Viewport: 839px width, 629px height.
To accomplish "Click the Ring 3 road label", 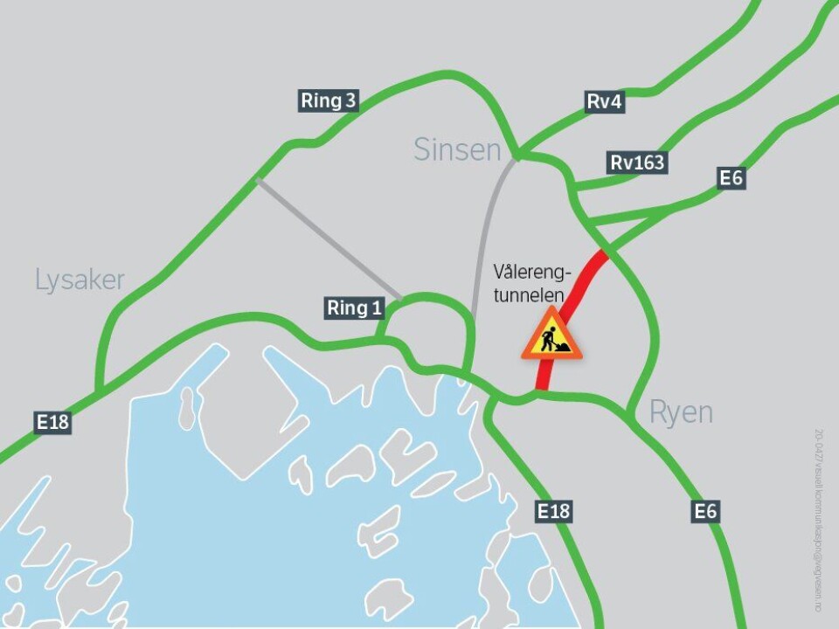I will (x=329, y=100).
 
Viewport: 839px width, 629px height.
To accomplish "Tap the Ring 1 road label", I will (x=354, y=308).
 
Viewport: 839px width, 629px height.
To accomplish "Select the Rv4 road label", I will (x=605, y=102).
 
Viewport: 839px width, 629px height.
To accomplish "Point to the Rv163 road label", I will (x=637, y=162).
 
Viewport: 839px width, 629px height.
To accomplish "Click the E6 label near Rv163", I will (x=731, y=178).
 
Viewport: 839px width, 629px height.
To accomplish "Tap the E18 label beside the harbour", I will (x=554, y=511).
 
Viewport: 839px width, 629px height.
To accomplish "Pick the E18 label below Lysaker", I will (x=52, y=423).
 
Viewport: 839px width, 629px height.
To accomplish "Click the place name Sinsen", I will (x=458, y=150).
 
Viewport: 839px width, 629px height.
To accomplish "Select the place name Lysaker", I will (x=80, y=280).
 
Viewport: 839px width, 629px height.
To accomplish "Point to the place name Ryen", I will (x=681, y=412).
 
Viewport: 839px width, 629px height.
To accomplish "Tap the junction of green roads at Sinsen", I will (x=517, y=156).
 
